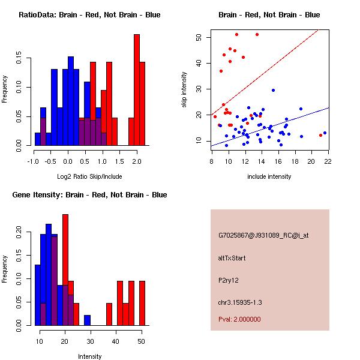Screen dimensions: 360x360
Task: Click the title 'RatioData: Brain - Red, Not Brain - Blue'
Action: [x=89, y=15]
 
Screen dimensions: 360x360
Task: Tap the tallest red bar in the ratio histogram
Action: [x=136, y=90]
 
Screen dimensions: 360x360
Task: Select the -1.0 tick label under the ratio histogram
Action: [x=35, y=161]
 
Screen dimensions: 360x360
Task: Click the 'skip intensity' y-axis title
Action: [x=185, y=90]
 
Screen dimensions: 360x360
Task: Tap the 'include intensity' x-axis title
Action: [x=269, y=176]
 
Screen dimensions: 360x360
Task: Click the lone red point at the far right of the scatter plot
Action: [x=320, y=135]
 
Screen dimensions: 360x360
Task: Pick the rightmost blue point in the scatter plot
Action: [x=325, y=133]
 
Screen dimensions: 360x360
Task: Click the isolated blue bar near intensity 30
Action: [x=87, y=320]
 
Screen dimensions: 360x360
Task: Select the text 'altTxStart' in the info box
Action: [x=232, y=258]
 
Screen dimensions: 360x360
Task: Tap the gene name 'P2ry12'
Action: [x=229, y=280]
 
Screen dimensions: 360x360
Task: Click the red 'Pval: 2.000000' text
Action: [x=239, y=319]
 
